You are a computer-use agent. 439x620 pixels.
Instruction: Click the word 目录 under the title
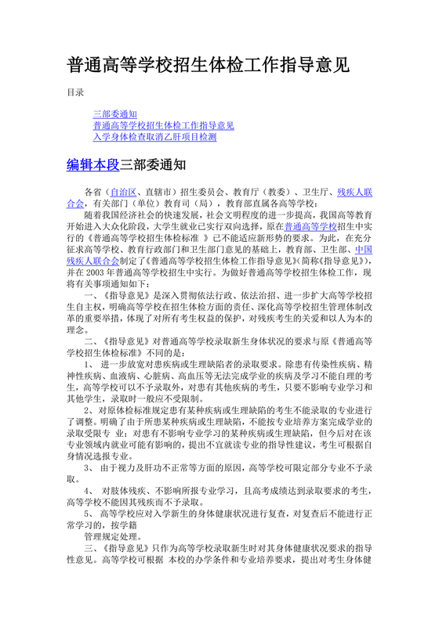[x=75, y=92]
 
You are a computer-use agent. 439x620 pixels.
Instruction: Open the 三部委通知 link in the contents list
[x=115, y=114]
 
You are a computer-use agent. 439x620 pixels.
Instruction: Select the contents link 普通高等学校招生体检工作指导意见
[x=163, y=125]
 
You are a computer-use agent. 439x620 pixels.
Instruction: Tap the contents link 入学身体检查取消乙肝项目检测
[x=154, y=136]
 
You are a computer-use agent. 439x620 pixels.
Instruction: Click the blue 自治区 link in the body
[x=122, y=191]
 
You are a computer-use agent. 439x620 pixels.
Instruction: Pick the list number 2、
[x=89, y=411]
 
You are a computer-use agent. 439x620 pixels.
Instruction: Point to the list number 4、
[x=89, y=490]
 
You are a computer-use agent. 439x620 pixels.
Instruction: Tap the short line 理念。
[x=78, y=329]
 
